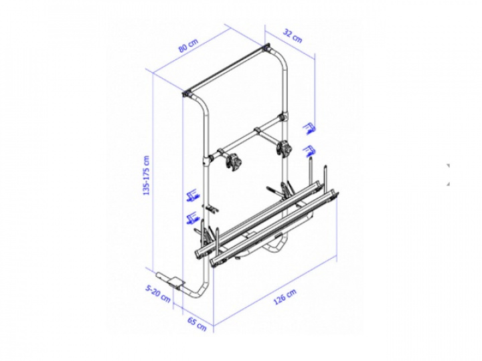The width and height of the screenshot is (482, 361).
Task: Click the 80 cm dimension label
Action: (x=189, y=45)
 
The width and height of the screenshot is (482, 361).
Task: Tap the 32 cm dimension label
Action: (x=293, y=37)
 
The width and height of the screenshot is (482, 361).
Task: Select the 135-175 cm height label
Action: (x=147, y=176)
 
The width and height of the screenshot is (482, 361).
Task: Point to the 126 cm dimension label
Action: (x=285, y=297)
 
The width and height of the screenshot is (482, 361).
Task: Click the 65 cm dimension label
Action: (x=197, y=324)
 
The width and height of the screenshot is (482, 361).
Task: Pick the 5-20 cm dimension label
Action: (x=158, y=293)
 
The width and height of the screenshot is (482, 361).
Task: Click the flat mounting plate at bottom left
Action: (x=177, y=282)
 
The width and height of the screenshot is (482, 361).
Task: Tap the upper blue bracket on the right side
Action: (x=309, y=128)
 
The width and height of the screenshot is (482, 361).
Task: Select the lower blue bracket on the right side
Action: (x=309, y=151)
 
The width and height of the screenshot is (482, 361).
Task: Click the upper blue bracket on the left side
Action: (x=193, y=195)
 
